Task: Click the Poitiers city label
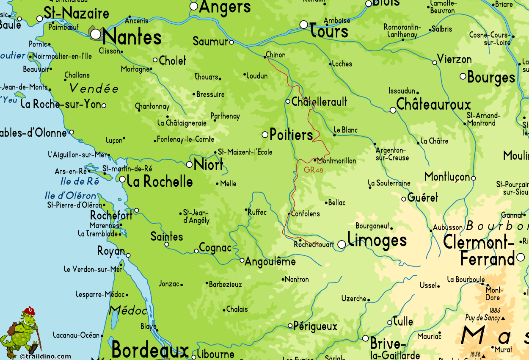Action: pos(291,135)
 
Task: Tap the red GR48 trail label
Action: pos(313,170)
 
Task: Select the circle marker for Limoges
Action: pos(342,244)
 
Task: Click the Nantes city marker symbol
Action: pos(96,33)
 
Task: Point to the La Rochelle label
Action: pos(160,182)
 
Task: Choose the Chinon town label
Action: pos(276,55)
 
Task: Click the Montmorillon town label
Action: pos(337,161)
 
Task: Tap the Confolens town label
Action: pos(306,214)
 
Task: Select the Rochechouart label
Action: pos(314,244)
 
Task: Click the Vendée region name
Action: pos(94,89)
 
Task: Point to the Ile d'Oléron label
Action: pos(71,196)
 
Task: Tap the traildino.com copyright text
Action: pos(45,357)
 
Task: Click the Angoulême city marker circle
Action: pos(242,260)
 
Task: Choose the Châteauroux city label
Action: pos(433,105)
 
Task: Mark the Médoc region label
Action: pos(128,311)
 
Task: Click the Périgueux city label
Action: pos(315,327)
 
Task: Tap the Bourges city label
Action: pos(491,78)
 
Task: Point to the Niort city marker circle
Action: pos(189,165)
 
